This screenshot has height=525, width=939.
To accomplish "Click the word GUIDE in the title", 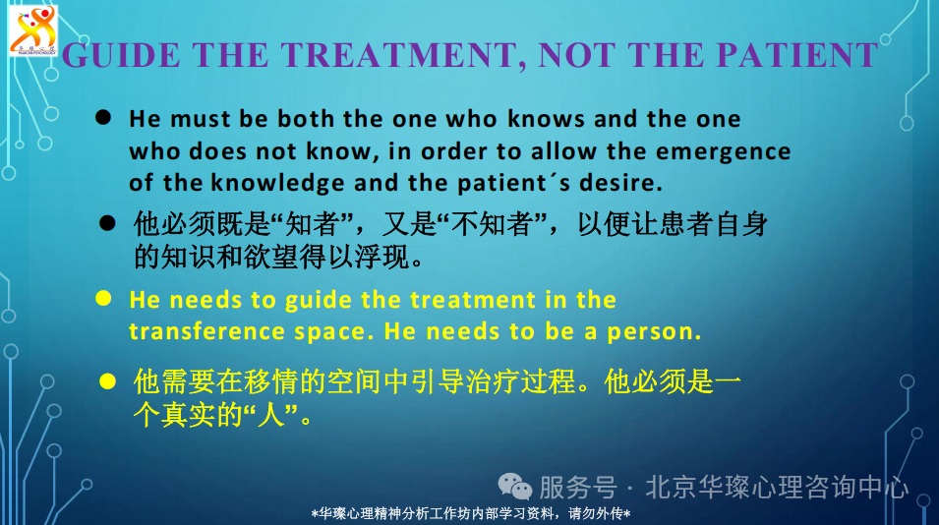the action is coord(121,55).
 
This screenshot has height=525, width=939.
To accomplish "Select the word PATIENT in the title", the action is coord(797,55).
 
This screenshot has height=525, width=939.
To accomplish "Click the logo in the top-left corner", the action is coord(33,30).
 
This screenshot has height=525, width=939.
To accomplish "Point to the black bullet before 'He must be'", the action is coord(103,117).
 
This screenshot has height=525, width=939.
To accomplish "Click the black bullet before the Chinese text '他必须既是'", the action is coord(107,223).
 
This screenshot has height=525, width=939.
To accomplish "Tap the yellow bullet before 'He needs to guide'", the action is coord(103,298).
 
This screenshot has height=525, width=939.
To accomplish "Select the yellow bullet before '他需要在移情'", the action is coord(107,380).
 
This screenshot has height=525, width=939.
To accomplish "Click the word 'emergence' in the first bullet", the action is coord(723,152).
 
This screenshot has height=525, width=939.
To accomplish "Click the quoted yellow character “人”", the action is coord(270,414).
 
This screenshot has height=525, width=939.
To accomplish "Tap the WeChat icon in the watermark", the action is coord(514,486).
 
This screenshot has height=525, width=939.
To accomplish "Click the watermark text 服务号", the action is coord(578,487).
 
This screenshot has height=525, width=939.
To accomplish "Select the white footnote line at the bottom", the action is coord(471,513).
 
